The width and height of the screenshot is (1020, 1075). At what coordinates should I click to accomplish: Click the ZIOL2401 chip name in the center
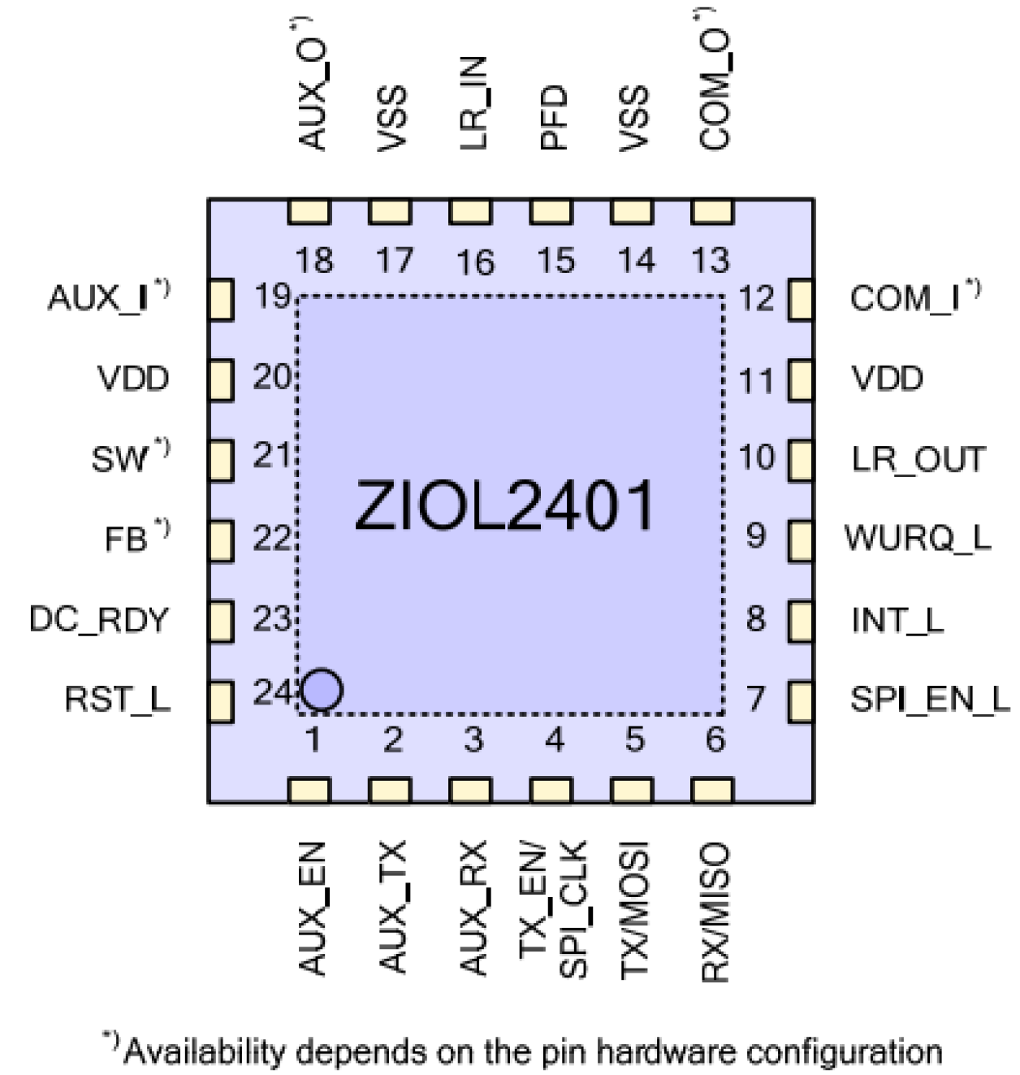tap(504, 505)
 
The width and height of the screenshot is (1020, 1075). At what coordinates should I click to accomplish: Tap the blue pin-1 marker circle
tap(322, 690)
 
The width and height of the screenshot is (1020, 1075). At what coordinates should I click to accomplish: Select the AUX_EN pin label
tap(313, 908)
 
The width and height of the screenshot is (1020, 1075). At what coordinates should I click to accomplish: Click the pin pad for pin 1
tap(309, 790)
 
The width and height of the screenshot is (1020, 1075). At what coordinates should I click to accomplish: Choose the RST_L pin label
tap(118, 700)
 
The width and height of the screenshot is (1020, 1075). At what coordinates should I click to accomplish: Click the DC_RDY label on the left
tap(98, 619)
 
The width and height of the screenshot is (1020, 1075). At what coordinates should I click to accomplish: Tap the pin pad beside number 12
tap(800, 300)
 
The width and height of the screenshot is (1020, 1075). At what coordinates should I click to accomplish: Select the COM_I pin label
tap(905, 298)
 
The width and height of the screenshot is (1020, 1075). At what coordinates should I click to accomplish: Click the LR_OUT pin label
tap(918, 460)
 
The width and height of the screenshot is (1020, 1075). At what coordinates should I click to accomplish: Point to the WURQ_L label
tap(918, 538)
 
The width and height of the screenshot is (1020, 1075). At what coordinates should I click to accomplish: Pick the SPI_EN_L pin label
tap(930, 700)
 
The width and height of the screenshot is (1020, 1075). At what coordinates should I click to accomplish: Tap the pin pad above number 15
tap(551, 212)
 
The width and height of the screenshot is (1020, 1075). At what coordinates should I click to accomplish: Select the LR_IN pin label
tap(473, 103)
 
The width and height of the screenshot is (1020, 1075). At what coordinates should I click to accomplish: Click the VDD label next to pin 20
tap(133, 379)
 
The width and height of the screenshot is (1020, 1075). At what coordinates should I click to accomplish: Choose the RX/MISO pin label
tap(715, 912)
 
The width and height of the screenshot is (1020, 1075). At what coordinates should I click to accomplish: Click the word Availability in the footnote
tap(205, 1052)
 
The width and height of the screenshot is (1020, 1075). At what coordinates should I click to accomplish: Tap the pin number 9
tap(755, 536)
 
